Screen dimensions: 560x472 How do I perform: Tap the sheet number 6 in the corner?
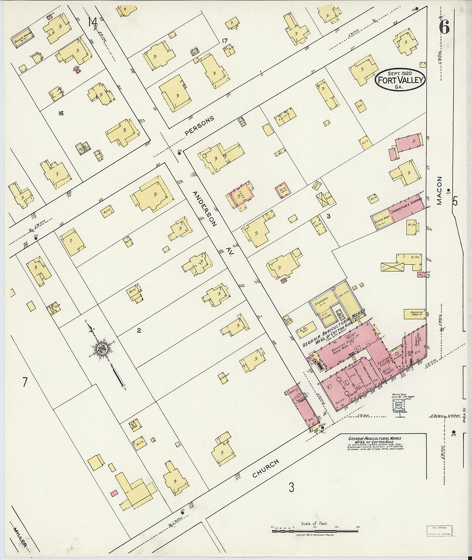[444, 27]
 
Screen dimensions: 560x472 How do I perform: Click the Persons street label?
[199, 127]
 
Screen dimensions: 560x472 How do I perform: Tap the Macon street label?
[439, 191]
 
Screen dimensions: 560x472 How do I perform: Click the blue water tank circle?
[399, 404]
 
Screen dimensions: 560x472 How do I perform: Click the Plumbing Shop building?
[414, 314]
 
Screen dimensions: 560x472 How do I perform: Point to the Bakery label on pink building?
[293, 394]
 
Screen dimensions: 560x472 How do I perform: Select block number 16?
[61, 113]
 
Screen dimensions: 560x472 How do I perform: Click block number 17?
[224, 41]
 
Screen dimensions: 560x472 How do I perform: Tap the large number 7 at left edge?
[25, 382]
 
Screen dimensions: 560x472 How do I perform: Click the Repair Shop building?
[381, 219]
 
